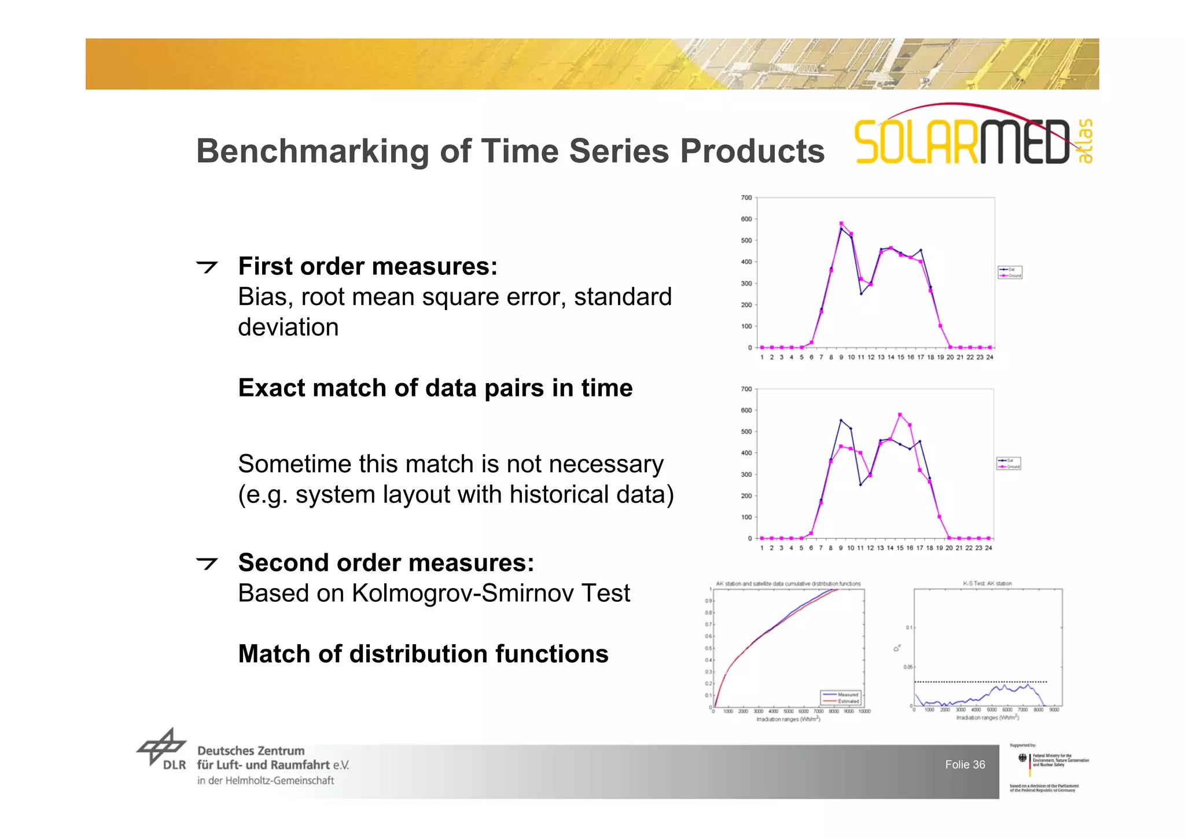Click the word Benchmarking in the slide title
click(x=312, y=152)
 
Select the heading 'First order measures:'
click(x=367, y=267)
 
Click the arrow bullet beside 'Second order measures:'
click(x=207, y=563)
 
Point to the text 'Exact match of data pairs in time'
click(x=435, y=388)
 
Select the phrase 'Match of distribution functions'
click(x=423, y=655)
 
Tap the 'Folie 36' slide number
click(x=965, y=765)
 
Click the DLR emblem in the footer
click(x=161, y=748)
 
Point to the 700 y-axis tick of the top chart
click(x=746, y=198)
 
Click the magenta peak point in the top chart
click(x=841, y=223)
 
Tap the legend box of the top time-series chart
click(x=1010, y=273)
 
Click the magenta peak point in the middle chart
click(x=900, y=415)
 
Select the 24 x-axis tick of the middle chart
click(x=988, y=548)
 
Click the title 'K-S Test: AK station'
click(x=987, y=583)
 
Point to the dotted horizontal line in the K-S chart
click(x=981, y=682)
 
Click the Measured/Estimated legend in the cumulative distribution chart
click(x=841, y=698)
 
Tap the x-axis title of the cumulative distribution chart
click(x=788, y=719)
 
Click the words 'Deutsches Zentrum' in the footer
click(x=251, y=751)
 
